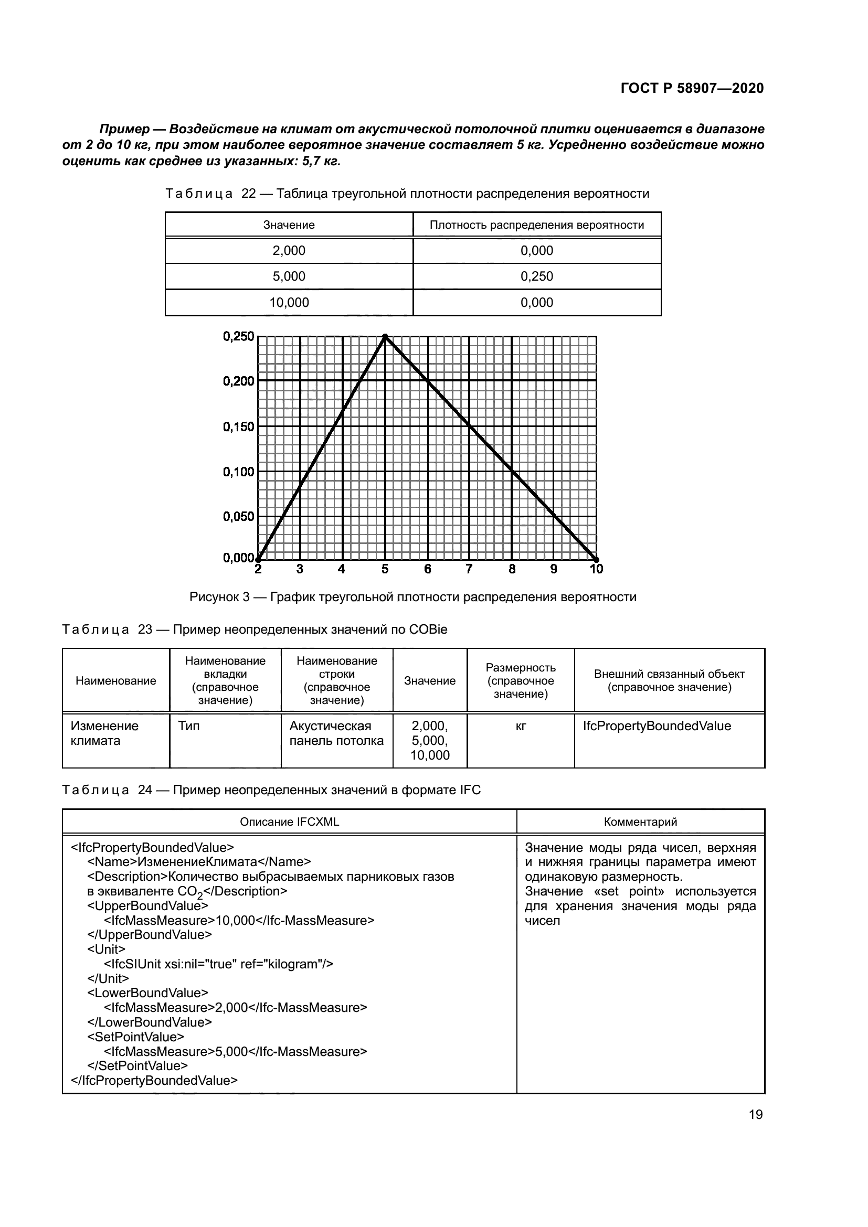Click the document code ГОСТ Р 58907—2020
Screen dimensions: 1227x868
click(x=692, y=88)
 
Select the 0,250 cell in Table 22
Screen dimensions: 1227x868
click(x=537, y=276)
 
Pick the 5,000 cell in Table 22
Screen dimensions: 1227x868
click(x=289, y=276)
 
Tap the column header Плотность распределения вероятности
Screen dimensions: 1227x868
click(x=537, y=225)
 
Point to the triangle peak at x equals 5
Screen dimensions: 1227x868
click(x=385, y=337)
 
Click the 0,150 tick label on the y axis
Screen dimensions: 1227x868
click(x=238, y=426)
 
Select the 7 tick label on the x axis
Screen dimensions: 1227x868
click(x=469, y=569)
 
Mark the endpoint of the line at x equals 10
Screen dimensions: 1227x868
click(x=596, y=559)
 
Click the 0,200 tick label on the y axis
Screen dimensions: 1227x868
click(x=238, y=381)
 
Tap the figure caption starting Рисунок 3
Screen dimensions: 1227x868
click(x=412, y=597)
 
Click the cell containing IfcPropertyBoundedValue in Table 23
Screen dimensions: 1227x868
click(x=657, y=725)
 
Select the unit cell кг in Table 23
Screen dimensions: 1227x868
click(x=521, y=726)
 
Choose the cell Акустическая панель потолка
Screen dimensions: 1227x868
click(x=336, y=733)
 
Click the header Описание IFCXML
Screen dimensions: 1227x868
click(x=289, y=821)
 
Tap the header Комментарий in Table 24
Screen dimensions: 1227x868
click(x=640, y=821)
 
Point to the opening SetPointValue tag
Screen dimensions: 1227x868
click(x=136, y=1037)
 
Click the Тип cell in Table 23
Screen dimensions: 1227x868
click(x=189, y=725)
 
